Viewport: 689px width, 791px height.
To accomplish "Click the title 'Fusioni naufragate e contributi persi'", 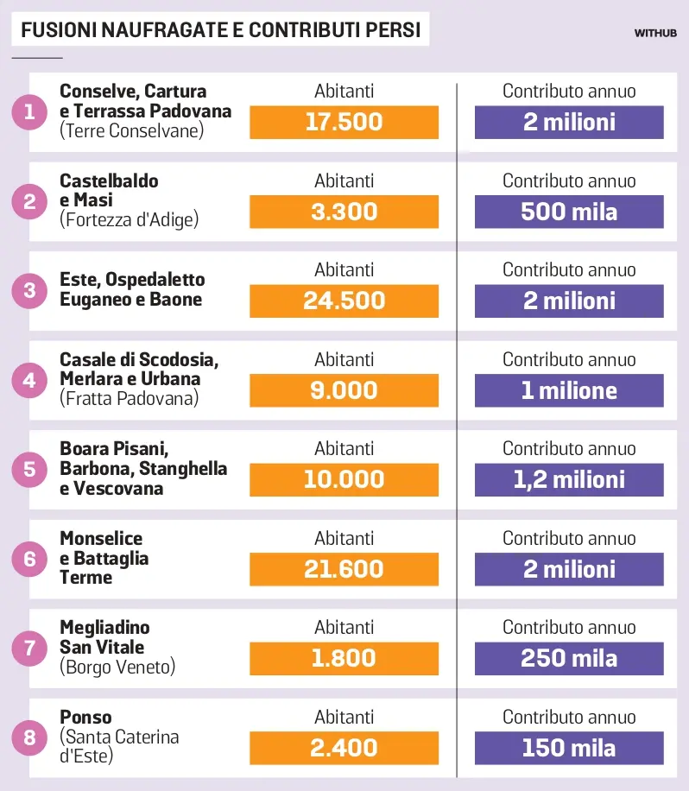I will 220,31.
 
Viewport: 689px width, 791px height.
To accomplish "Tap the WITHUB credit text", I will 655,34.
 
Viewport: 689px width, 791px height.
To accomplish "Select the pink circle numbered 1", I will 30,112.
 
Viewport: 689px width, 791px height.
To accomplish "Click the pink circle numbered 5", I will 30,470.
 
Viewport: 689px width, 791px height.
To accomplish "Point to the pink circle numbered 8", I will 30,737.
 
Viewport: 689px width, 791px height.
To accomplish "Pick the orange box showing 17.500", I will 344,122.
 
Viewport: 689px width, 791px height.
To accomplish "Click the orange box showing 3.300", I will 344,212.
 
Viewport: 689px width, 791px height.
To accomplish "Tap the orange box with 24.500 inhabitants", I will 344,301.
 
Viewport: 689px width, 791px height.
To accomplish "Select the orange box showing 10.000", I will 344,479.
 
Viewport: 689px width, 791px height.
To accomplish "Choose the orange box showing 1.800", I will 344,658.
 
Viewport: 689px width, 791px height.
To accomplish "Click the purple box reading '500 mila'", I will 569,212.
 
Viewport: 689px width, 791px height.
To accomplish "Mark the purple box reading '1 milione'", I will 569,390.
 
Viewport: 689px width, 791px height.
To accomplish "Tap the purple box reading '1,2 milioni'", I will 569,479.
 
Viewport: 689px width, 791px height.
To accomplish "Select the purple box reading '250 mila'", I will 569,658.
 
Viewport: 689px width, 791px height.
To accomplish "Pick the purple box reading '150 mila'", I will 569,748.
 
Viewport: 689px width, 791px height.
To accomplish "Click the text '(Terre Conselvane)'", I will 131,130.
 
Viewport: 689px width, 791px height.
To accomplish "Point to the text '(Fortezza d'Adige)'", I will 129,220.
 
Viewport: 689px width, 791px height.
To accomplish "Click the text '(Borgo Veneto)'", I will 117,667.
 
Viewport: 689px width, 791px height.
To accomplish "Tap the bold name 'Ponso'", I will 85,717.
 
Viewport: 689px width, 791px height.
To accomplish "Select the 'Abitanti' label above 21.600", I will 344,539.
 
